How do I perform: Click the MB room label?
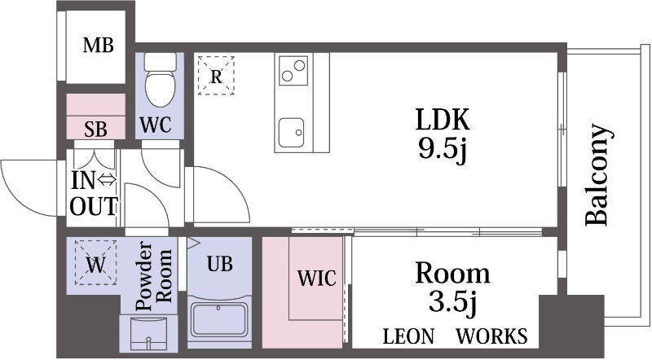(98, 46)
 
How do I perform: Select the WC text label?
(155, 125)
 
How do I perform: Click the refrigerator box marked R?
(216, 76)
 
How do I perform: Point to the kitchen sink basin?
(291, 133)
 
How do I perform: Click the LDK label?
(443, 120)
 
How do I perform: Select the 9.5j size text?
(443, 149)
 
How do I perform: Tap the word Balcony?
(598, 174)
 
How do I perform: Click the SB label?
(95, 130)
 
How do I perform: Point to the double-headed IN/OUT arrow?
(108, 181)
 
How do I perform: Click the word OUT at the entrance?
(94, 206)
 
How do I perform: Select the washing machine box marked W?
(95, 262)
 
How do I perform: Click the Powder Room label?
(154, 276)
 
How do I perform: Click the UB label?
(219, 264)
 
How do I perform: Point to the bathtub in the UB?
(219, 319)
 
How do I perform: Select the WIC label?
(317, 278)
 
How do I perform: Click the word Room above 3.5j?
(452, 274)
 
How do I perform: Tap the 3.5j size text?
(452, 304)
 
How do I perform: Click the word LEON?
(408, 336)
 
